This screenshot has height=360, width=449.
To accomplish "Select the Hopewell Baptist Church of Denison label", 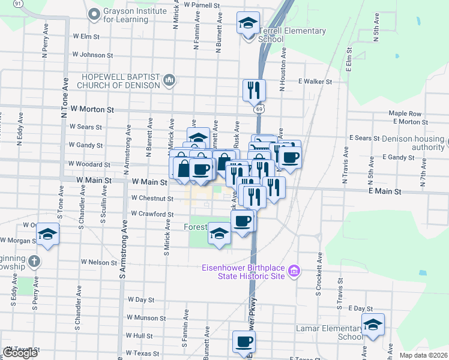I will [122, 80].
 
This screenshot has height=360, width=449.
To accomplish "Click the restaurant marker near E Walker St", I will [254, 90].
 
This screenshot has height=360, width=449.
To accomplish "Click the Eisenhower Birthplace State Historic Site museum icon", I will [294, 272].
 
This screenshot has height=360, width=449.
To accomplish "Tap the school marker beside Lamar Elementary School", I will [373, 325].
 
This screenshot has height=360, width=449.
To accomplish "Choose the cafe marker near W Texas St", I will [244, 341].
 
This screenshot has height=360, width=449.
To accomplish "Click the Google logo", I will [20, 353].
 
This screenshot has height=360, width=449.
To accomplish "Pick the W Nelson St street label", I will [99, 262].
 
